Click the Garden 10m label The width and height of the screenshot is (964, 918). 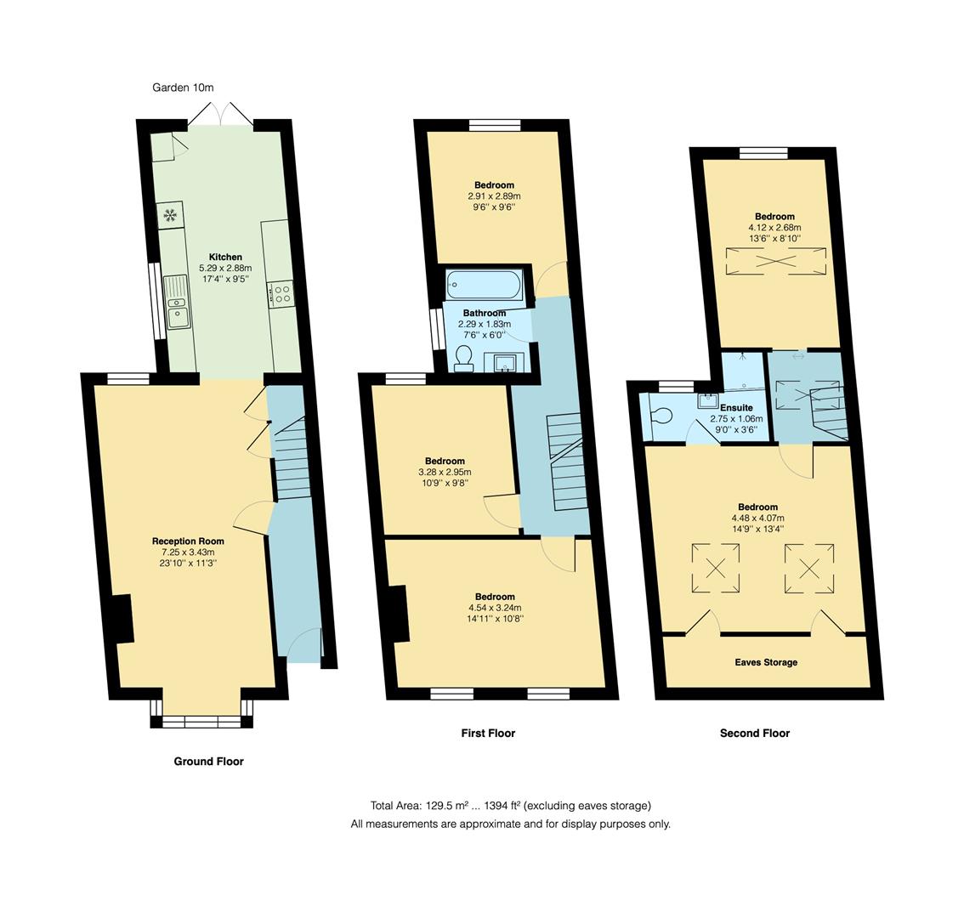coord(183,88)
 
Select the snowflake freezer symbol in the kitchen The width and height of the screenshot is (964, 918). coord(171,215)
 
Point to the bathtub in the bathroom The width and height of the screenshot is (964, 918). coord(484,285)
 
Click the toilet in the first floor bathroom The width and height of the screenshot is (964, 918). coord(463,359)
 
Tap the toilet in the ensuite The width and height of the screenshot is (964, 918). coord(659,415)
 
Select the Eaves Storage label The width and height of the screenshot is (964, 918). coord(766,662)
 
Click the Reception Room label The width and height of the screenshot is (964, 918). coord(188,541)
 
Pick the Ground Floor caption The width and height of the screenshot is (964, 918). coord(208,762)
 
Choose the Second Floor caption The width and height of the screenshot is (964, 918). coord(755,733)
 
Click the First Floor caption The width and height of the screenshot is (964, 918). coord(488,733)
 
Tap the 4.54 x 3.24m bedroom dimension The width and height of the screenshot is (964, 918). coord(495,608)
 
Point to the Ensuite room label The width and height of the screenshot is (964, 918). coord(736,408)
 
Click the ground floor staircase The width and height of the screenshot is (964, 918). coord(290,457)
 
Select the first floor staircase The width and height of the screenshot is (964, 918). coord(568,462)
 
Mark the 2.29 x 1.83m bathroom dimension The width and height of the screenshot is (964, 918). coord(485,324)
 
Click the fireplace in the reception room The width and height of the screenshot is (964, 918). coord(123,619)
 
